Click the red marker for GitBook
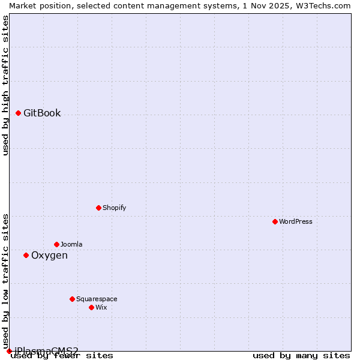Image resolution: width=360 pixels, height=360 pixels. point(18,113)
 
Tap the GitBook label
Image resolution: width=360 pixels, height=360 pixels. point(42,113)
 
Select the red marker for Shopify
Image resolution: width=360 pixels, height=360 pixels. point(98,208)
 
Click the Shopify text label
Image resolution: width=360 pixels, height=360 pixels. point(114,208)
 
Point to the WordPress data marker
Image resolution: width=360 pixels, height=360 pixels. point(275,221)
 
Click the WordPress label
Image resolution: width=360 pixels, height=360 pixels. point(296,222)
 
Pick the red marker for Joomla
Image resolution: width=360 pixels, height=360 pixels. point(56,244)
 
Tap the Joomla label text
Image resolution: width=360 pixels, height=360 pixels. point(71,245)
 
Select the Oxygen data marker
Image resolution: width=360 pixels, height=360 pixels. point(26,255)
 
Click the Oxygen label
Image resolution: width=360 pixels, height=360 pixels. point(49,256)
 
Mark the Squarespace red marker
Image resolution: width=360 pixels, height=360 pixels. point(72,299)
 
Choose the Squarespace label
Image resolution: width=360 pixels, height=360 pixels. point(97,299)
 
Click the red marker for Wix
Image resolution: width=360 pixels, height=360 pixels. point(91,307)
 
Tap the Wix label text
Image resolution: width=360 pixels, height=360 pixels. point(101,308)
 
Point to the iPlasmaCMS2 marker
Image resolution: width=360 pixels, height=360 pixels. point(9,351)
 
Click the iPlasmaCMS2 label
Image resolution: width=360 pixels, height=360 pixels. point(46,350)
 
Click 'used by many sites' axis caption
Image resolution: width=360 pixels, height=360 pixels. point(301,356)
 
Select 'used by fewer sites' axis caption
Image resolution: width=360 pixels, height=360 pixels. point(62,356)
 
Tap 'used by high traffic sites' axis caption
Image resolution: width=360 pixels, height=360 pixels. point(6,85)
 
